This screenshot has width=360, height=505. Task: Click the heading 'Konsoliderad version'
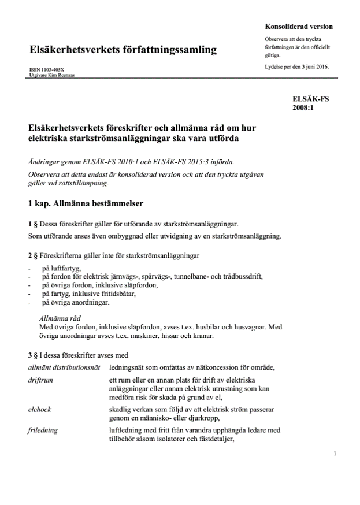pos(298,27)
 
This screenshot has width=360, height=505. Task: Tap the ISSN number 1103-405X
pos(55,70)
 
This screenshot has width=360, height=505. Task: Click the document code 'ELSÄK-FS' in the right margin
pos(310,99)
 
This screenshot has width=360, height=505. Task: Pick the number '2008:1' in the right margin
pos(303,107)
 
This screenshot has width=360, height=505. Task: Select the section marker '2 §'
pos(33,255)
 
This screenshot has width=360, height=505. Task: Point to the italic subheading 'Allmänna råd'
pos(60,317)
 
